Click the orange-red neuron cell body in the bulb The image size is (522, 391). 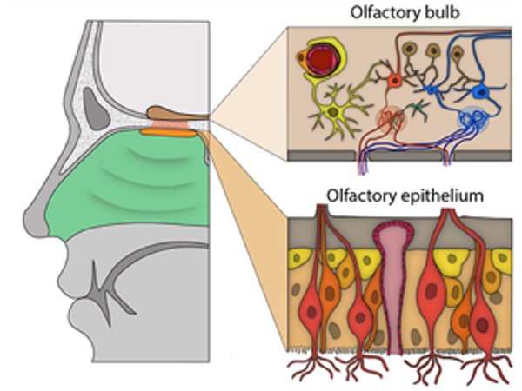click(396, 80)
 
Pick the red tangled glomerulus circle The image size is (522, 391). click(391, 117)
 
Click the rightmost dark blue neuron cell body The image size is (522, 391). click(481, 89)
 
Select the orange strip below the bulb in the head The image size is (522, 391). click(170, 132)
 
